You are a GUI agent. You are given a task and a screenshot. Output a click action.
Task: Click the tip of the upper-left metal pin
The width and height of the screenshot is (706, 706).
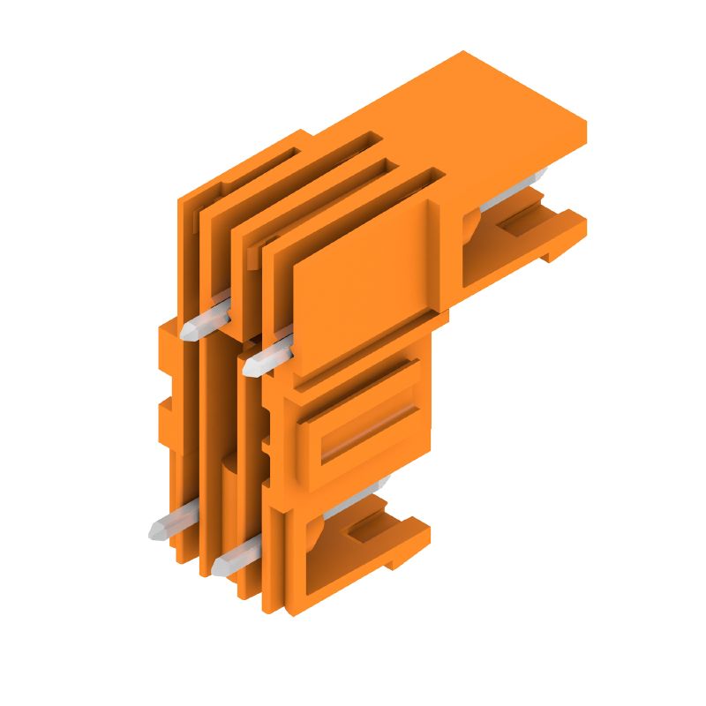click(190, 333)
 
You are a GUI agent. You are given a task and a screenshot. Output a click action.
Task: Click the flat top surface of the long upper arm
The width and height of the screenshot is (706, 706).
click(494, 106)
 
